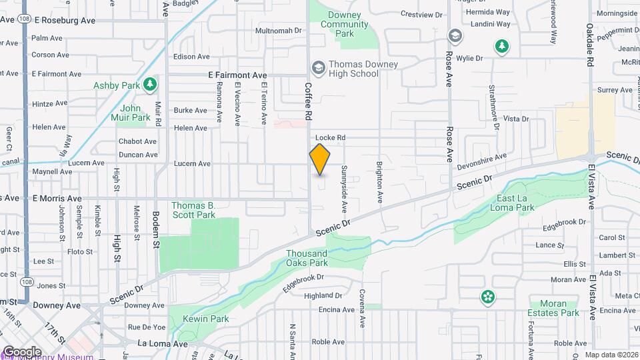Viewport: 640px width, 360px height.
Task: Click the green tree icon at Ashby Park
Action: click(x=151, y=83)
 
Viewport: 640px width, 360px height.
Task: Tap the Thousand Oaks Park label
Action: click(x=307, y=258)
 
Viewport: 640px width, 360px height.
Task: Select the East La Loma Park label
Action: click(x=516, y=203)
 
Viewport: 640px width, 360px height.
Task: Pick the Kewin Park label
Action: click(x=210, y=319)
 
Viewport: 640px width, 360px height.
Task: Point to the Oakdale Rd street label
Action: click(x=590, y=43)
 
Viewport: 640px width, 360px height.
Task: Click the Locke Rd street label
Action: click(x=331, y=138)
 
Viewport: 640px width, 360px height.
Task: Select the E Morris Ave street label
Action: click(x=57, y=199)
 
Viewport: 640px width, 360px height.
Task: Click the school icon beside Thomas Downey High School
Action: click(x=318, y=67)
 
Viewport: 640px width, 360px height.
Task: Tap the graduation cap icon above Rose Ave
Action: click(x=455, y=35)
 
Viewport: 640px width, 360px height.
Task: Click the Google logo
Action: click(x=22, y=351)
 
